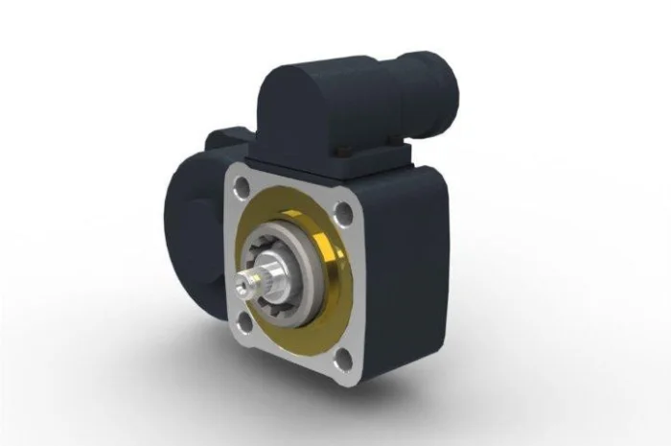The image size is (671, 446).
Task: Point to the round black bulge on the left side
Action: point(188,230)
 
